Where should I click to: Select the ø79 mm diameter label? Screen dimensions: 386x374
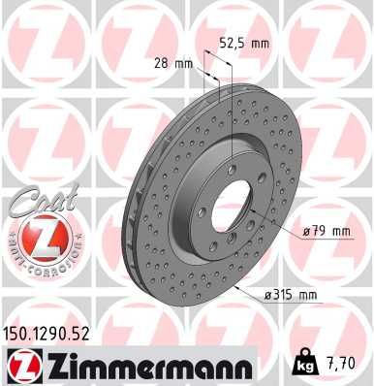tap(325, 231)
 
